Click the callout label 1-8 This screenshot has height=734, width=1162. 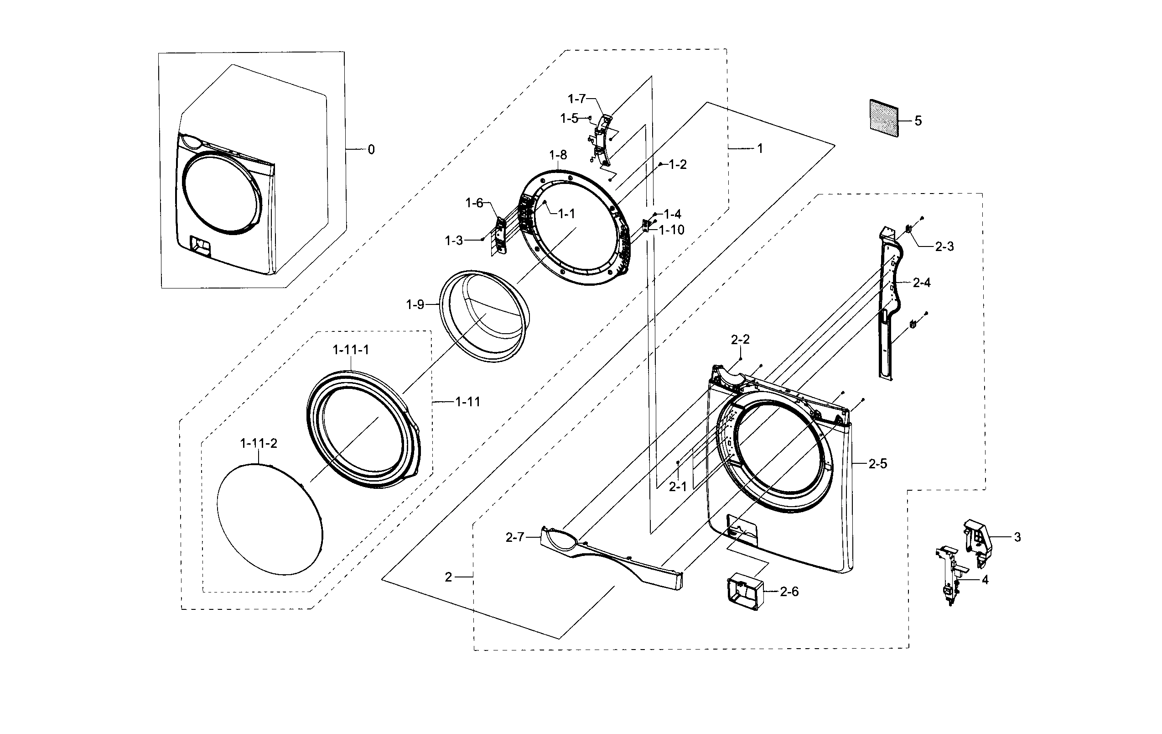pyautogui.click(x=558, y=155)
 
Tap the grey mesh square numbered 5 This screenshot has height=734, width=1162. pyautogui.click(x=884, y=118)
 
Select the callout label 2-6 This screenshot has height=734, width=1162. pyautogui.click(x=789, y=592)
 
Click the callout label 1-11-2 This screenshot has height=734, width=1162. pyautogui.click(x=259, y=443)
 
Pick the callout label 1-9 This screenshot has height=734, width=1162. pyautogui.click(x=415, y=305)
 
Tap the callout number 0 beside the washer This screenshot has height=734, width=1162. pyautogui.click(x=371, y=150)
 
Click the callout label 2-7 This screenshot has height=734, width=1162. pyautogui.click(x=514, y=537)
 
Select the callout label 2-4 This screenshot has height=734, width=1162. pyautogui.click(x=922, y=283)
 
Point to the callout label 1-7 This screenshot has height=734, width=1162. pyautogui.click(x=576, y=99)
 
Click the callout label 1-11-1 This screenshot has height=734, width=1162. pyautogui.click(x=351, y=350)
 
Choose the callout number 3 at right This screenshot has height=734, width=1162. pyautogui.click(x=1017, y=537)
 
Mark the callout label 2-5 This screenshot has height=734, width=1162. pyautogui.click(x=878, y=464)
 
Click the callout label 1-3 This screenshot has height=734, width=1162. pyautogui.click(x=454, y=241)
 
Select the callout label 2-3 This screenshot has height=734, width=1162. pyautogui.click(x=944, y=246)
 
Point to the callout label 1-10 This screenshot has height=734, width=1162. pyautogui.click(x=672, y=230)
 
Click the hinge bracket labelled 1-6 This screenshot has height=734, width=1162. pyautogui.click(x=500, y=235)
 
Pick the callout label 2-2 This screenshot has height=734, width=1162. pyautogui.click(x=740, y=340)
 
